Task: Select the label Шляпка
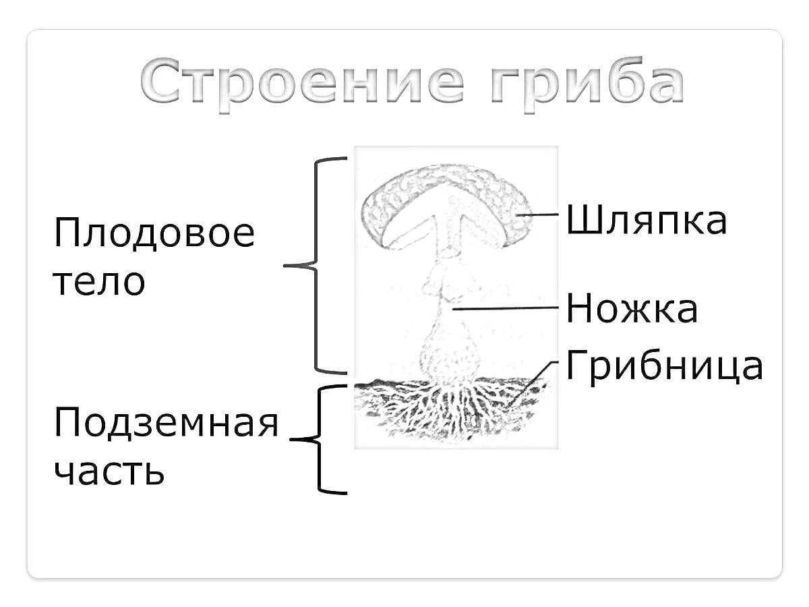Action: coord(646,221)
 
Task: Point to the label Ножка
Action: coord(632,310)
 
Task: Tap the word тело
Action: coord(99,281)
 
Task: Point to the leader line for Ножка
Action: coord(506,309)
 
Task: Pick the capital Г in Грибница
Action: coord(578,366)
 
